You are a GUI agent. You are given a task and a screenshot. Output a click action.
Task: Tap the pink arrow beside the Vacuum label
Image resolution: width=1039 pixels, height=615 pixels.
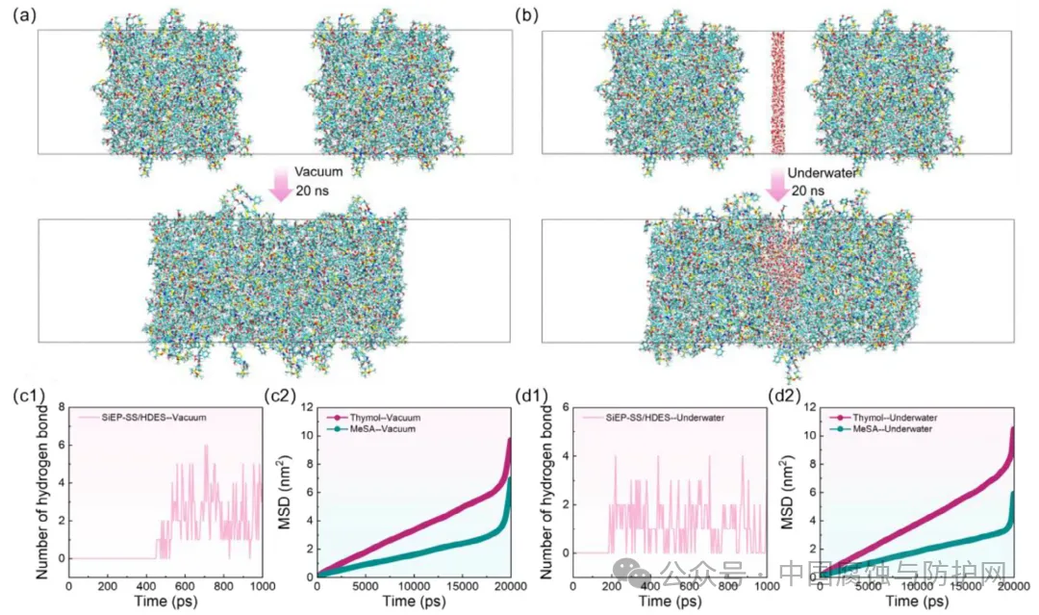coord(281,182)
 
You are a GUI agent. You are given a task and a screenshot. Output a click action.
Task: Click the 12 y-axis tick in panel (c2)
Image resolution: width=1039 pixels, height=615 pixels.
coord(304,407)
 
